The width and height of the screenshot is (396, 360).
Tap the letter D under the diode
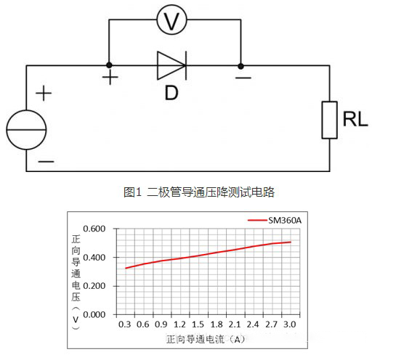coord(171,93)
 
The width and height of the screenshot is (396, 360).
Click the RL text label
coord(355,120)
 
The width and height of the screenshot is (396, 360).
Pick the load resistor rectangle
coord(330,119)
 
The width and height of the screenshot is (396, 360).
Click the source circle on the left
coord(27,130)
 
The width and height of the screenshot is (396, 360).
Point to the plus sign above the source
coord(44,93)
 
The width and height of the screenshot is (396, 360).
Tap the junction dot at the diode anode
coord(109,65)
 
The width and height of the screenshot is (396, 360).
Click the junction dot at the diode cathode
coord(241,65)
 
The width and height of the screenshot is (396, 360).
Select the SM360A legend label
coord(286,219)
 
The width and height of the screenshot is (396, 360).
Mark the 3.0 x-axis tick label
coord(290,325)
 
